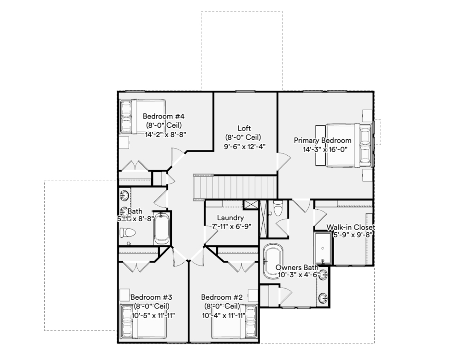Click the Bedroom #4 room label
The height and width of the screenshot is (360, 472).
click(164, 116)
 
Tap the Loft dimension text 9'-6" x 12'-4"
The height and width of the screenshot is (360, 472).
click(244, 147)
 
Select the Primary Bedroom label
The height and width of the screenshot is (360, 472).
click(322, 141)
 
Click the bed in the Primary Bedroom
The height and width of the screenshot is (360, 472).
click(344, 145)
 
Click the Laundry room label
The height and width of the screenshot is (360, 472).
click(230, 218)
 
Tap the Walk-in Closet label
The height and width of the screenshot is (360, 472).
click(351, 227)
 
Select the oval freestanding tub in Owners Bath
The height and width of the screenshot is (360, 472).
click(273, 261)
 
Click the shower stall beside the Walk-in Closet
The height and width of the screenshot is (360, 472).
click(323, 248)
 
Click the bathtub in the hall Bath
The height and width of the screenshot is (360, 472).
click(162, 228)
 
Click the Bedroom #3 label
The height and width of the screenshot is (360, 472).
click(151, 297)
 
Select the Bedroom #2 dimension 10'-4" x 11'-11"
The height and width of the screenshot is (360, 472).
click(224, 315)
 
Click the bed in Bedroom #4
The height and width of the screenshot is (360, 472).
click(143, 116)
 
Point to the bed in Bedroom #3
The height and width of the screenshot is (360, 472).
click(143, 322)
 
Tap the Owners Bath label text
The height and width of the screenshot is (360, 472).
click(297, 267)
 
